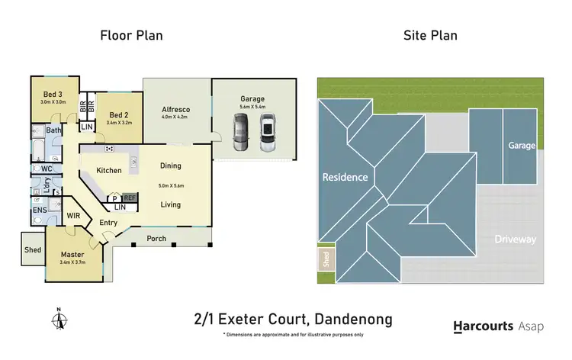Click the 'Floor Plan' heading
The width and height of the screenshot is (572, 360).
click(131, 35)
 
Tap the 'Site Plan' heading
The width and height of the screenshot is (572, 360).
click(429, 35)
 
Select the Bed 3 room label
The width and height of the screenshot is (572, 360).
click(53, 95)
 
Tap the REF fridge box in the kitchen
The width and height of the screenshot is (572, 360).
click(130, 197)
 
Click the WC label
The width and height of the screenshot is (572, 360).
click(46, 168)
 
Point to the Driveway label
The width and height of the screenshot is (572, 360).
click(515, 239)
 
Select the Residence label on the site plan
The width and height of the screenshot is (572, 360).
click(345, 177)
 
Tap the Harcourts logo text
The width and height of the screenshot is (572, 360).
click(484, 326)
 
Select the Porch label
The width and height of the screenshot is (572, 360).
click(156, 238)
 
